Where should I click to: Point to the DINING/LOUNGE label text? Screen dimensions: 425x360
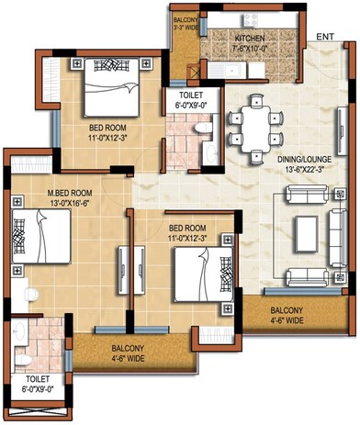(309, 159)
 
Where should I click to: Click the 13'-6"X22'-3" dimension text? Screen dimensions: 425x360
(309, 170)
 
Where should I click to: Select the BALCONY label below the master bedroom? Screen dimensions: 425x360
(128, 348)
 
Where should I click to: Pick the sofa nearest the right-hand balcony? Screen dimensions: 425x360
(309, 276)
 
